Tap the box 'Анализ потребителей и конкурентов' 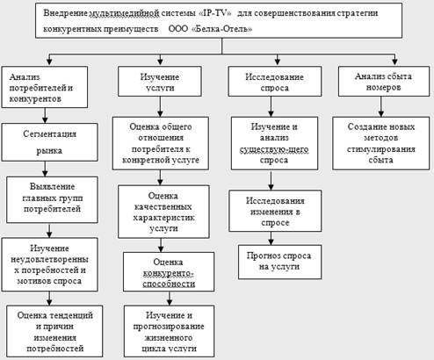pyautogui.click(x=45, y=87)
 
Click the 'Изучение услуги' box pyautogui.click(x=160, y=82)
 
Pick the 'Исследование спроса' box pyautogui.click(x=275, y=82)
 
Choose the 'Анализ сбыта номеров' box pyautogui.click(x=384, y=82)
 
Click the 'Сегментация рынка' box pyautogui.click(x=49, y=142)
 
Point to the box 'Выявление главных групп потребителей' pyautogui.click(x=52, y=199)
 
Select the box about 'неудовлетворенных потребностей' pyautogui.click(x=49, y=264)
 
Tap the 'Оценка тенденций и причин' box pyautogui.click(x=54, y=331)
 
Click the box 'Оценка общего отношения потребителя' pyautogui.click(x=161, y=143)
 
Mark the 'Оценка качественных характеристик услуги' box pyautogui.click(x=163, y=212)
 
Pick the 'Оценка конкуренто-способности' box pyautogui.click(x=169, y=272)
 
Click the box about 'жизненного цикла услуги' pyautogui.click(x=169, y=331)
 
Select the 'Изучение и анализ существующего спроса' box pyautogui.click(x=274, y=143)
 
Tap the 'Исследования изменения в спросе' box pyautogui.click(x=275, y=211)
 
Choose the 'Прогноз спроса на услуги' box pyautogui.click(x=279, y=262)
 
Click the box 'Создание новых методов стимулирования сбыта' pyautogui.click(x=381, y=143)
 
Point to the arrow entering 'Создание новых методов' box pyautogui.click(x=381, y=107)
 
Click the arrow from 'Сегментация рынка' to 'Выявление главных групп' pyautogui.click(x=45, y=169)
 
